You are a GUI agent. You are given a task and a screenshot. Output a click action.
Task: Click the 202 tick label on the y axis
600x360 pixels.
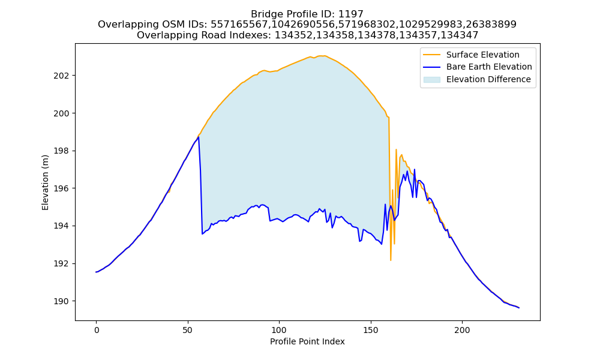(61, 76)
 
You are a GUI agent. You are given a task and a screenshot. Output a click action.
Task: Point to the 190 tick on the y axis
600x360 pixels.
(61, 301)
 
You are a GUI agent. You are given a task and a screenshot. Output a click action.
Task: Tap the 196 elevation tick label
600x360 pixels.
(61, 188)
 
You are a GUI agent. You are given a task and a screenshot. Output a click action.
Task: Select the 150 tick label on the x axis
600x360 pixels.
(371, 330)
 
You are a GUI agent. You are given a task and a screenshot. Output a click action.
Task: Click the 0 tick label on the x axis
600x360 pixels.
(97, 330)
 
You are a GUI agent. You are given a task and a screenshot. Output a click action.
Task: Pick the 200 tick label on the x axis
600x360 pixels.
(462, 330)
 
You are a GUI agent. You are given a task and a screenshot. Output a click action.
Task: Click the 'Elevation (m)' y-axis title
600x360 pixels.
(45, 182)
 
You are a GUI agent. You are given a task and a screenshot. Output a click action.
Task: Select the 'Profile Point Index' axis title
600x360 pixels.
(307, 341)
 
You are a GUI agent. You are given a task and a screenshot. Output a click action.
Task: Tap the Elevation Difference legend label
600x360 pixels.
(488, 79)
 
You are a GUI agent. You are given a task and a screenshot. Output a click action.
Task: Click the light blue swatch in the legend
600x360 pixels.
(431, 80)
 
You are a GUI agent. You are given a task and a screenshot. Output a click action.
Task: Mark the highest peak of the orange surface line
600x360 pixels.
(324, 55)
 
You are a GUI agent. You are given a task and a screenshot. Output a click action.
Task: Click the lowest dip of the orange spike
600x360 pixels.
(391, 260)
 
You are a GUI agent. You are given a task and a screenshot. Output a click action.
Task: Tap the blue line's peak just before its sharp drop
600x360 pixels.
(198, 137)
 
